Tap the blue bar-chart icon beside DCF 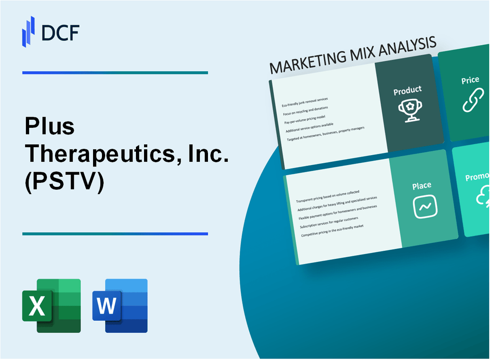point(29,31)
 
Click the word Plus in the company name point(50,127)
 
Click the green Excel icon point(51,306)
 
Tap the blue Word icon point(120,306)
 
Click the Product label point(407,90)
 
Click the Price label point(470,80)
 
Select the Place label point(422,185)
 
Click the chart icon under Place point(425,206)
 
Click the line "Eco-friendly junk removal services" point(305,102)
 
